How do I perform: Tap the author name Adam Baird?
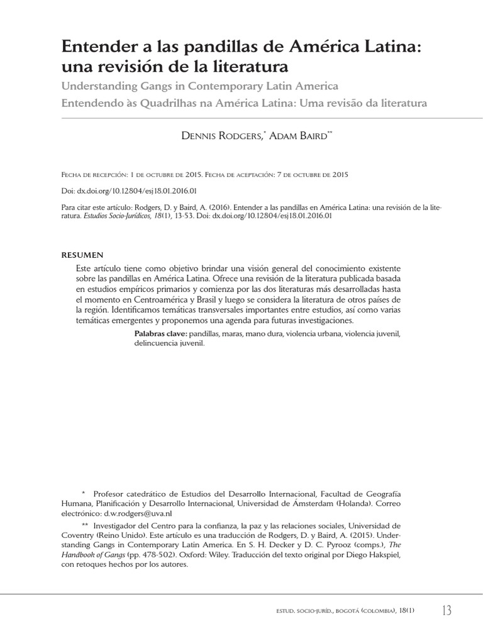[x=297, y=136]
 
